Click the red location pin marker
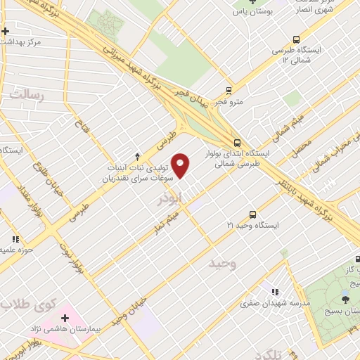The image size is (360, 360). [181, 166]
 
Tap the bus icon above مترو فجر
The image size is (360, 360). [229, 90]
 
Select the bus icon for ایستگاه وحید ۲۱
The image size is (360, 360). [252, 214]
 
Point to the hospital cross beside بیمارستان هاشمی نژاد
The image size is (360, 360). [65, 318]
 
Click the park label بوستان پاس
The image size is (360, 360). [253, 13]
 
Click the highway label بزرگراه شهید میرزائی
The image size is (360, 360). [131, 65]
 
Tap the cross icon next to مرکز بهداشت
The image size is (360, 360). [6, 31]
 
